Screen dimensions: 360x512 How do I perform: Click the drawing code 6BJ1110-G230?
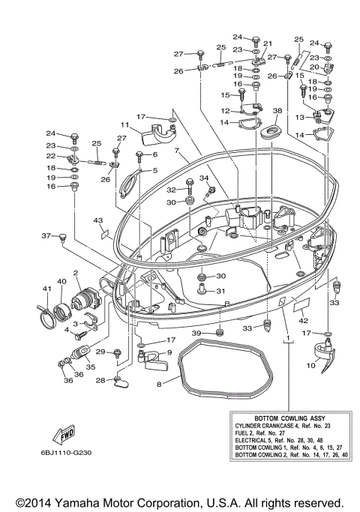[66, 453]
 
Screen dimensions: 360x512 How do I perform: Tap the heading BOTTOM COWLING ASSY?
[289, 418]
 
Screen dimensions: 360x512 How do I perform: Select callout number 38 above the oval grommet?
[277, 111]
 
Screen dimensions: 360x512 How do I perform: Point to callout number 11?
[124, 124]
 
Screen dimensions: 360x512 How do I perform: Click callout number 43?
[98, 220]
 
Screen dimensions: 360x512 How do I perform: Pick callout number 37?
[46, 235]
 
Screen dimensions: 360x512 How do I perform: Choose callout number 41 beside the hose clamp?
[47, 289]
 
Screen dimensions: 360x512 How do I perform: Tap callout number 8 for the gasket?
[159, 384]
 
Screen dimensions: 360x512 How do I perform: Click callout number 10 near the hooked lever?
[310, 365]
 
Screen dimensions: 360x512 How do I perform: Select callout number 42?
[304, 321]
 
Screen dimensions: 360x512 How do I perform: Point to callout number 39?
[196, 333]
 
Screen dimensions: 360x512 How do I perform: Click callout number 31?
[220, 291]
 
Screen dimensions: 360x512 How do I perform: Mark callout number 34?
[204, 178]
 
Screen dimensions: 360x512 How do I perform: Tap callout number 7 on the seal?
[177, 151]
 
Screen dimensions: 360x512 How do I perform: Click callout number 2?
[76, 273]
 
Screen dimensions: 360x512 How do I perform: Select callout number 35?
[91, 367]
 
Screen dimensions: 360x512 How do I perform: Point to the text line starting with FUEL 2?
[260, 433]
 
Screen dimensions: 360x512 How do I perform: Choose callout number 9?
[169, 352]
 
